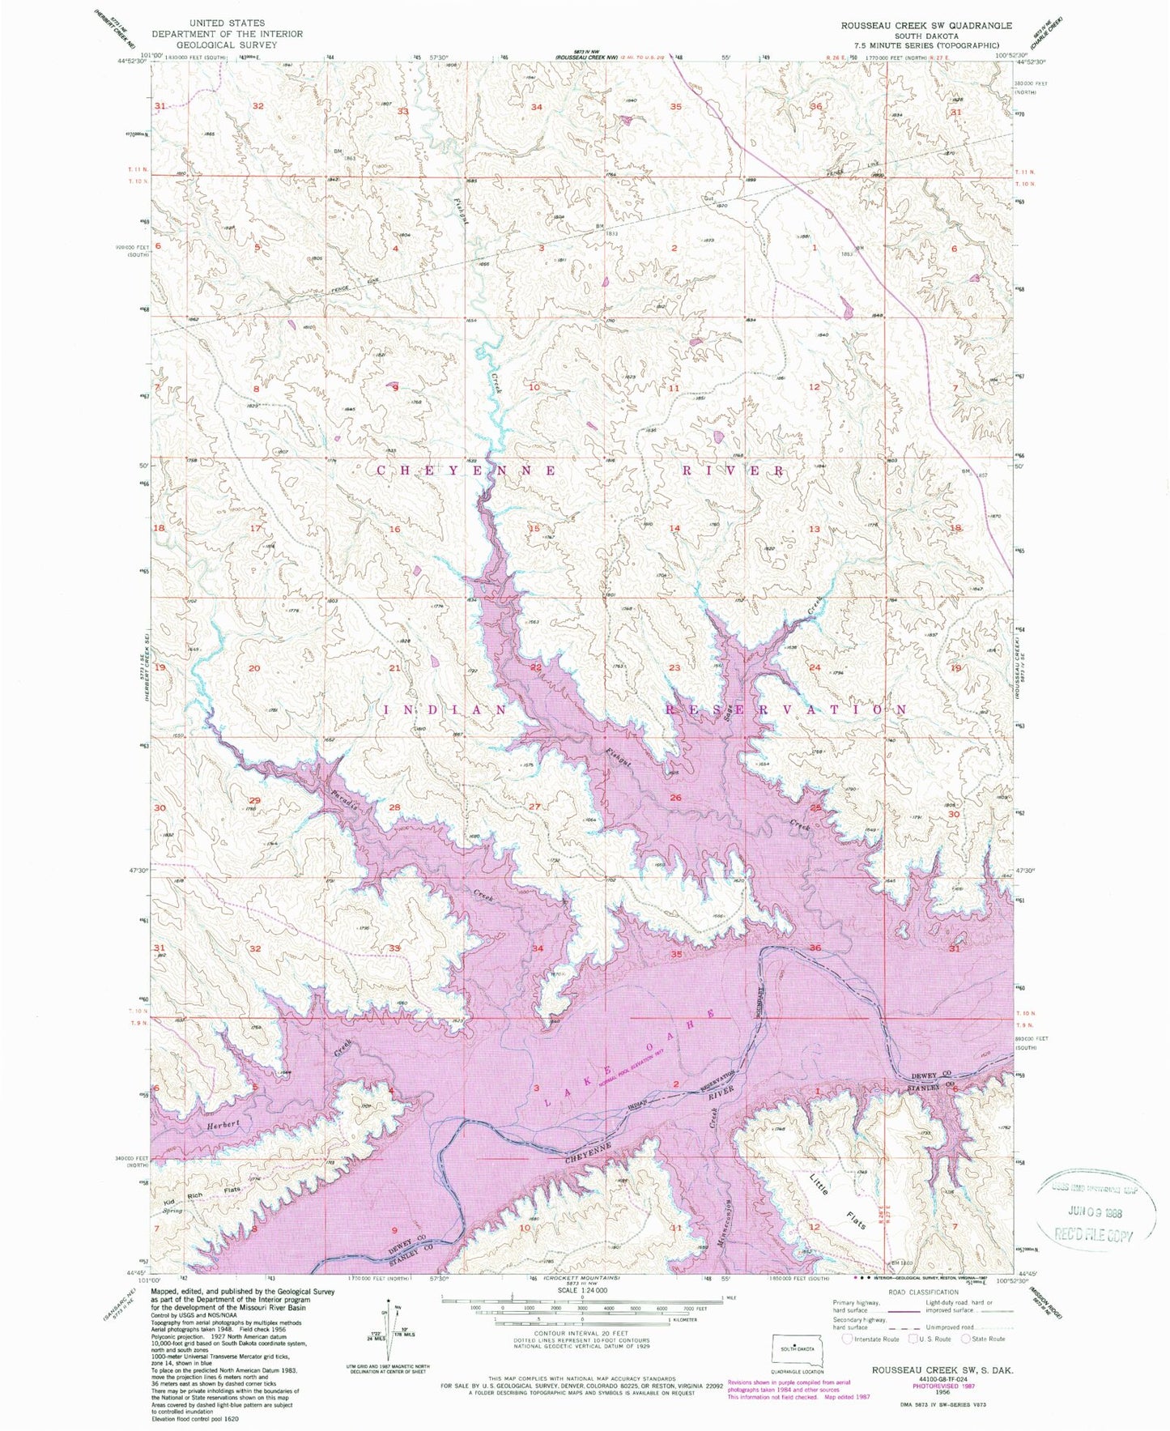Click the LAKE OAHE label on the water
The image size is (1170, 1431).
pos(630,1058)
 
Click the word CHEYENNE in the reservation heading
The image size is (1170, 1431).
pos(465,471)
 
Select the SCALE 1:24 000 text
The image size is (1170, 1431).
pos(581,1314)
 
